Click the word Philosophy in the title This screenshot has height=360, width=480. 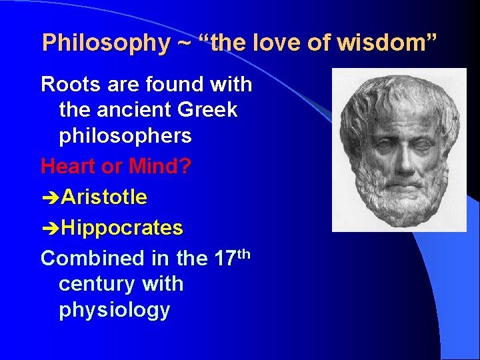[107, 43]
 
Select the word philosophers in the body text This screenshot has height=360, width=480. [125, 136]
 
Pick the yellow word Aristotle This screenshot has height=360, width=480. [104, 197]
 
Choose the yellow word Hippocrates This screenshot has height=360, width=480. [122, 228]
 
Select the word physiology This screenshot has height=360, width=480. [114, 311]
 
